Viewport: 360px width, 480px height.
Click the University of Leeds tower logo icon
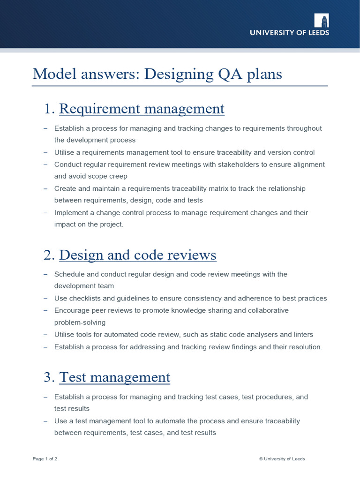click(322, 20)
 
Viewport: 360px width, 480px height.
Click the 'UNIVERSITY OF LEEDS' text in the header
click(289, 33)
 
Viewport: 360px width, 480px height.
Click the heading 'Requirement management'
click(142, 109)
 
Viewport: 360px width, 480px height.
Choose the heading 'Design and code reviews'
click(138, 255)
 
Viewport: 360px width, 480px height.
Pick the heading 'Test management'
click(114, 377)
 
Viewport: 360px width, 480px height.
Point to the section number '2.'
click(49, 255)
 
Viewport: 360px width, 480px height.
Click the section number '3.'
click(49, 377)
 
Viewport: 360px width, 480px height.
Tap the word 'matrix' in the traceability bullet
click(237, 188)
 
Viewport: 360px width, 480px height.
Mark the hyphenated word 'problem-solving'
click(80, 322)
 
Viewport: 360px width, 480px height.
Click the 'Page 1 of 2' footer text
click(45, 459)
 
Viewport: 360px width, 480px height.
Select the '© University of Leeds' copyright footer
click(282, 459)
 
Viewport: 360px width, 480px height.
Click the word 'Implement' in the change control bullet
click(71, 212)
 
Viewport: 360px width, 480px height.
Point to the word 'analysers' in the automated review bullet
click(268, 334)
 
